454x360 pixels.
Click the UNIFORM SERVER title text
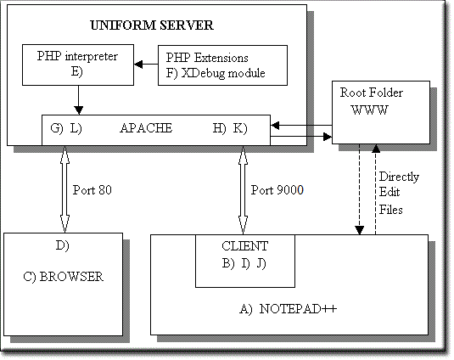pyautogui.click(x=152, y=25)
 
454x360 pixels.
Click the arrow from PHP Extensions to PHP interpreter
pyautogui.click(x=146, y=64)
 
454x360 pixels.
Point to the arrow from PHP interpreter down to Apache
pyautogui.click(x=78, y=100)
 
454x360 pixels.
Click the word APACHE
pyautogui.click(x=146, y=128)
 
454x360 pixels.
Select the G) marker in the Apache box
pyautogui.click(x=57, y=128)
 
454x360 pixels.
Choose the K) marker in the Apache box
pyautogui.click(x=240, y=128)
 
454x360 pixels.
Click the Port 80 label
pyautogui.click(x=92, y=190)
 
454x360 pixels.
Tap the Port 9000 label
pyautogui.click(x=277, y=190)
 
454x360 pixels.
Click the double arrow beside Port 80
pyautogui.click(x=64, y=189)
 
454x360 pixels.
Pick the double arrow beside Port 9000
pyautogui.click(x=243, y=189)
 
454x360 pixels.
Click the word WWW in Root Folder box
pyautogui.click(x=370, y=110)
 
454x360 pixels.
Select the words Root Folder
pyautogui.click(x=371, y=93)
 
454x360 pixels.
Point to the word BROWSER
pyautogui.click(x=71, y=277)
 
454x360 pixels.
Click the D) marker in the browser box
pyautogui.click(x=63, y=246)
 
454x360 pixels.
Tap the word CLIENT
pyautogui.click(x=245, y=246)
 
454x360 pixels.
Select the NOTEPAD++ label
pyautogui.click(x=298, y=309)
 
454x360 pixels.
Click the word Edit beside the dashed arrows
pyautogui.click(x=390, y=192)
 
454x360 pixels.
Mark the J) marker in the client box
pyautogui.click(x=261, y=263)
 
